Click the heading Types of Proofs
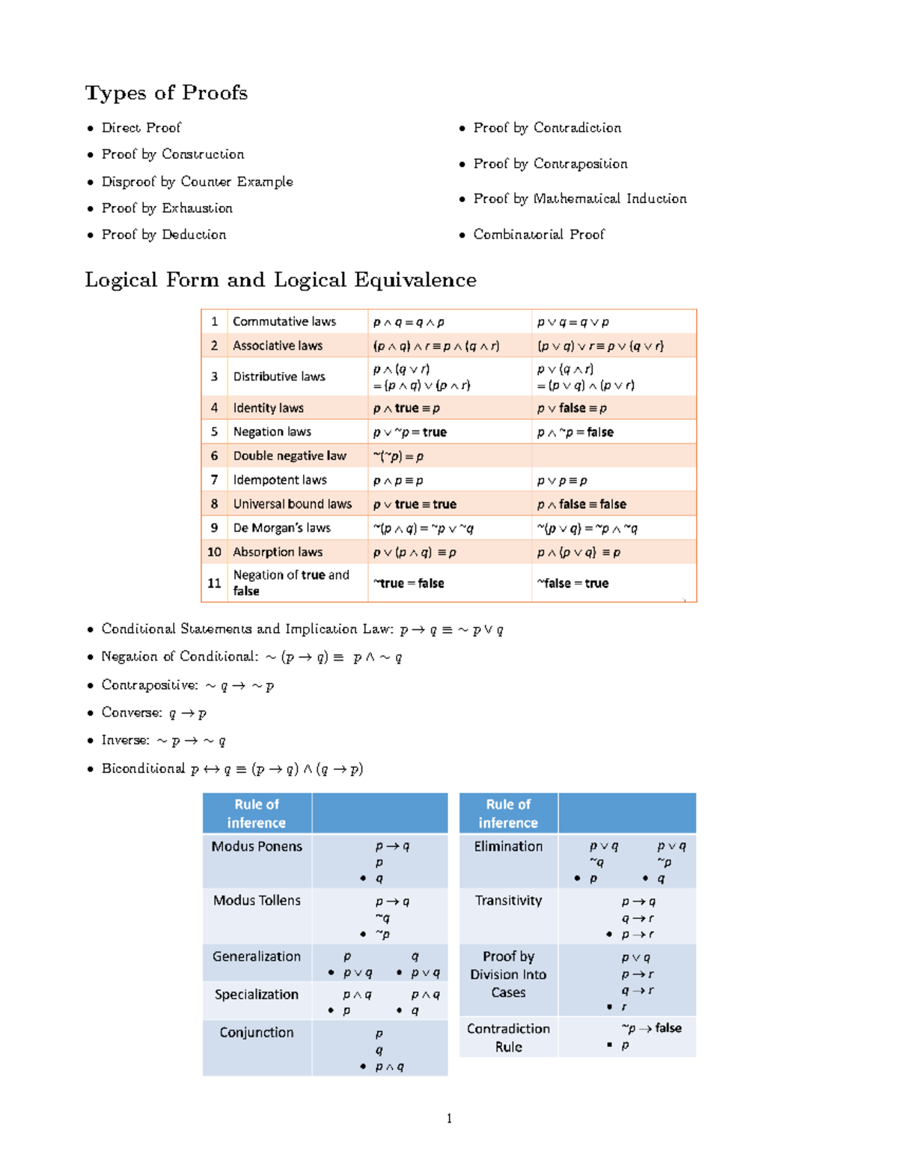(166, 93)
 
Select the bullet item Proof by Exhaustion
(167, 208)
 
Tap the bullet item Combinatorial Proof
(538, 234)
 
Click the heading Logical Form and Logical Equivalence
(281, 280)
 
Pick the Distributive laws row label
(278, 377)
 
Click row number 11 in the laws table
(214, 583)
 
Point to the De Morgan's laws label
(281, 528)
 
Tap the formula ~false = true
(572, 583)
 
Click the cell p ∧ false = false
(581, 504)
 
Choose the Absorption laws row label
(278, 552)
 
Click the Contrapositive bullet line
(187, 685)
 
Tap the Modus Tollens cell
(257, 900)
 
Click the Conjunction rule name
(257, 1032)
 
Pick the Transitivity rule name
(508, 900)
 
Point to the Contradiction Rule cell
(508, 1037)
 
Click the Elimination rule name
(508, 846)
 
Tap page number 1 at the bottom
(449, 1119)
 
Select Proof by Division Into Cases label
(508, 974)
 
